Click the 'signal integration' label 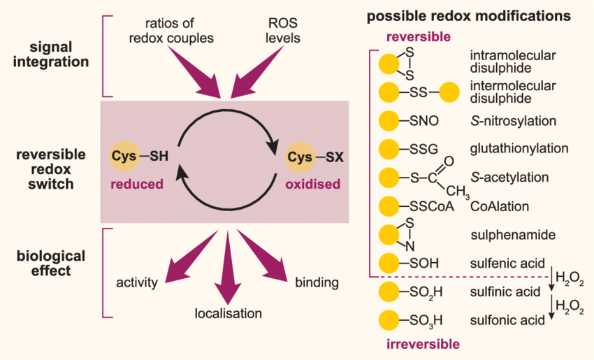[50, 55]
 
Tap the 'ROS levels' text [282, 30]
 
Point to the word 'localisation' [229, 313]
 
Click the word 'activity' [138, 282]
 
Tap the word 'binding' [317, 282]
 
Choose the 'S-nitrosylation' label [513, 120]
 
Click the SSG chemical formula [421, 148]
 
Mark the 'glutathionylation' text [519, 148]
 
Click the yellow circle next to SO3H [389, 320]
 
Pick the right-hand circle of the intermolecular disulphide [448, 92]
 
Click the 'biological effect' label [50, 261]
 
